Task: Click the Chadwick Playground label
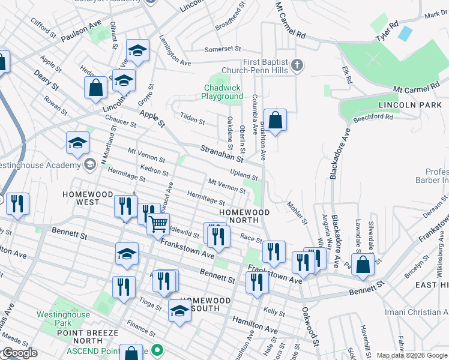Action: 221,92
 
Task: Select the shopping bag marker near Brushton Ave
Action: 275,120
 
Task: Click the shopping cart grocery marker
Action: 158,225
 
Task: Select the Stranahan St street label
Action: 221,154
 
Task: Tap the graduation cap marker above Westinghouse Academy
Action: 78,143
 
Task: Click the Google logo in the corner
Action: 19,353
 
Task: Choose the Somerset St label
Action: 222,49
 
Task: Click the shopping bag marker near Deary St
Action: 95,88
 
